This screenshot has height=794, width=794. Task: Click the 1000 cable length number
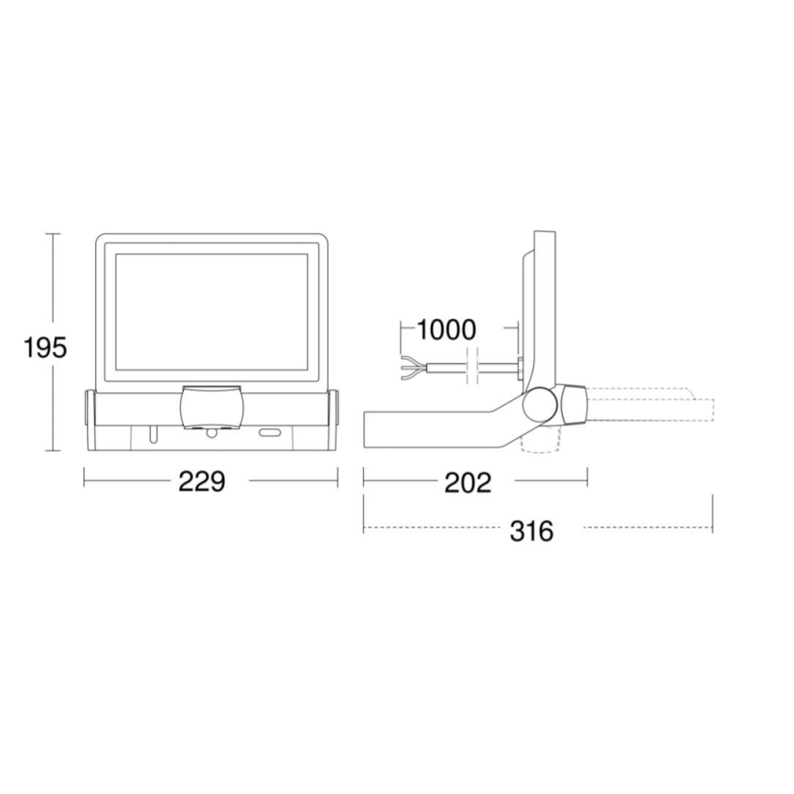point(447,329)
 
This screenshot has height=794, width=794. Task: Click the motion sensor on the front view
point(212,404)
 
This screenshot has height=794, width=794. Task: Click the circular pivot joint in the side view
point(542,404)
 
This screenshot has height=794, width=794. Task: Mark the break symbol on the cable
point(472,364)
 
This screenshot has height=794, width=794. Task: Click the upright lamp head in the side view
point(543,302)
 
